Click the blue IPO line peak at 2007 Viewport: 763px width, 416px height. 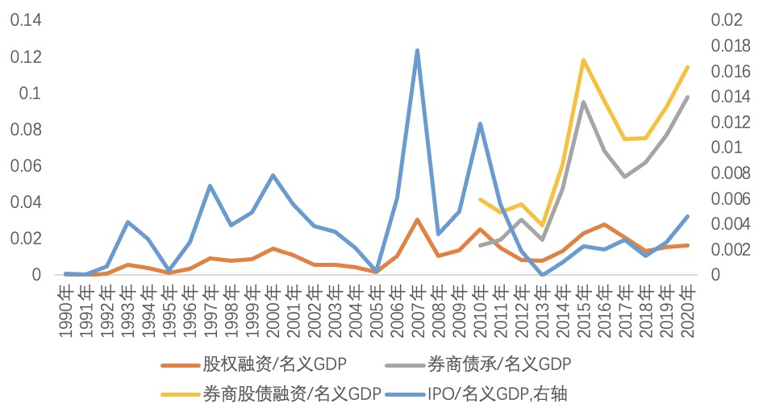point(417,51)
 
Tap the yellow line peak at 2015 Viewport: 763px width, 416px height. point(582,60)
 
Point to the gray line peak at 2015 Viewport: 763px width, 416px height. point(582,102)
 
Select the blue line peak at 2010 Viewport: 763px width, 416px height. point(480,123)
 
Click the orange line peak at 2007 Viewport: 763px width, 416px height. point(417,219)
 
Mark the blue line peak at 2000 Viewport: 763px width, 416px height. point(273,175)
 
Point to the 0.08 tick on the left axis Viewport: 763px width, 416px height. point(24,130)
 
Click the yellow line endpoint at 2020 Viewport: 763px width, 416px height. point(687,67)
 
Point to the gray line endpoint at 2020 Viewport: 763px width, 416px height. point(687,98)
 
